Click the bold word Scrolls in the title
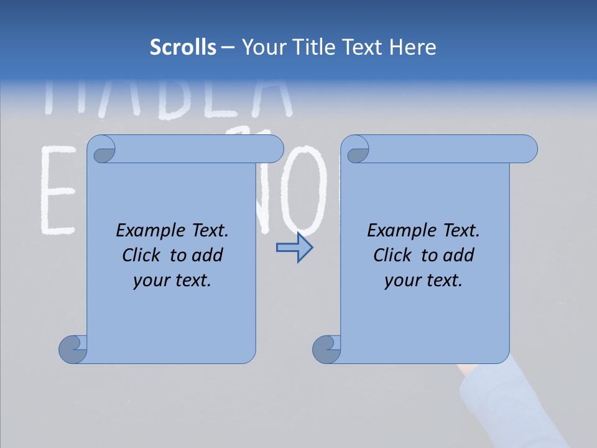click(x=183, y=47)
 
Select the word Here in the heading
click(x=413, y=47)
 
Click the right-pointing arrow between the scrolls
click(x=294, y=248)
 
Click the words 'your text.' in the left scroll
click(x=172, y=281)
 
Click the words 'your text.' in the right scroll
click(x=423, y=281)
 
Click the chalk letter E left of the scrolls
click(x=60, y=190)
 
